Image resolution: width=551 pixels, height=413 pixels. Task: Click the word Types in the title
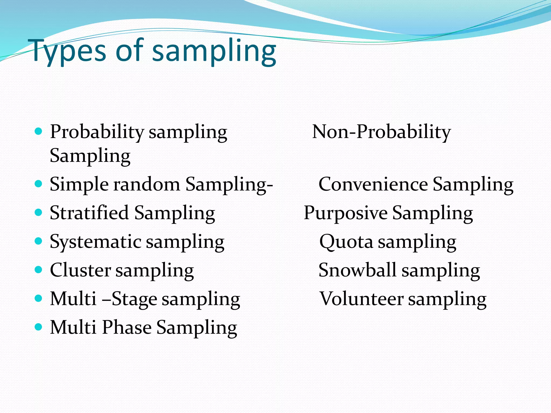[x=69, y=51]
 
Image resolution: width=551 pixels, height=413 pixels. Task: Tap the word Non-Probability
[x=381, y=132]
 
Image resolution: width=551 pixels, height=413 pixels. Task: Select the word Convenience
[x=373, y=184]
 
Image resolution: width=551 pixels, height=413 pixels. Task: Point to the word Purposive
[x=345, y=213]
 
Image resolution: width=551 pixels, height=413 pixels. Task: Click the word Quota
[x=346, y=242]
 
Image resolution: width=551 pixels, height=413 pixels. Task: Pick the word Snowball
[x=357, y=270]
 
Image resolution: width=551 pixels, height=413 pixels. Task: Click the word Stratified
[x=89, y=213]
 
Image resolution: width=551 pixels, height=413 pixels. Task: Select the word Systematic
[x=96, y=242]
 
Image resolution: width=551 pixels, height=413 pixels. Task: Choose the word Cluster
[x=80, y=270]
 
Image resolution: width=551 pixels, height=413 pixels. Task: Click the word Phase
[x=126, y=327]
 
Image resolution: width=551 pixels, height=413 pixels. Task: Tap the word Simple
[x=79, y=185]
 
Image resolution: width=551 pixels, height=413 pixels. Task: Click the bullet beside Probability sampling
[x=39, y=131]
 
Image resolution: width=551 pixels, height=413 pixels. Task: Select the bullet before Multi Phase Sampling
[x=39, y=327]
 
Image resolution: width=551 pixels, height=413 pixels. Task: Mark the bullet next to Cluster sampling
[x=39, y=269]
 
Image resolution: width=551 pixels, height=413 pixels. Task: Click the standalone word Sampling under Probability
[x=90, y=156]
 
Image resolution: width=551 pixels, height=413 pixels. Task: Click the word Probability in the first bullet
[x=97, y=132]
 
